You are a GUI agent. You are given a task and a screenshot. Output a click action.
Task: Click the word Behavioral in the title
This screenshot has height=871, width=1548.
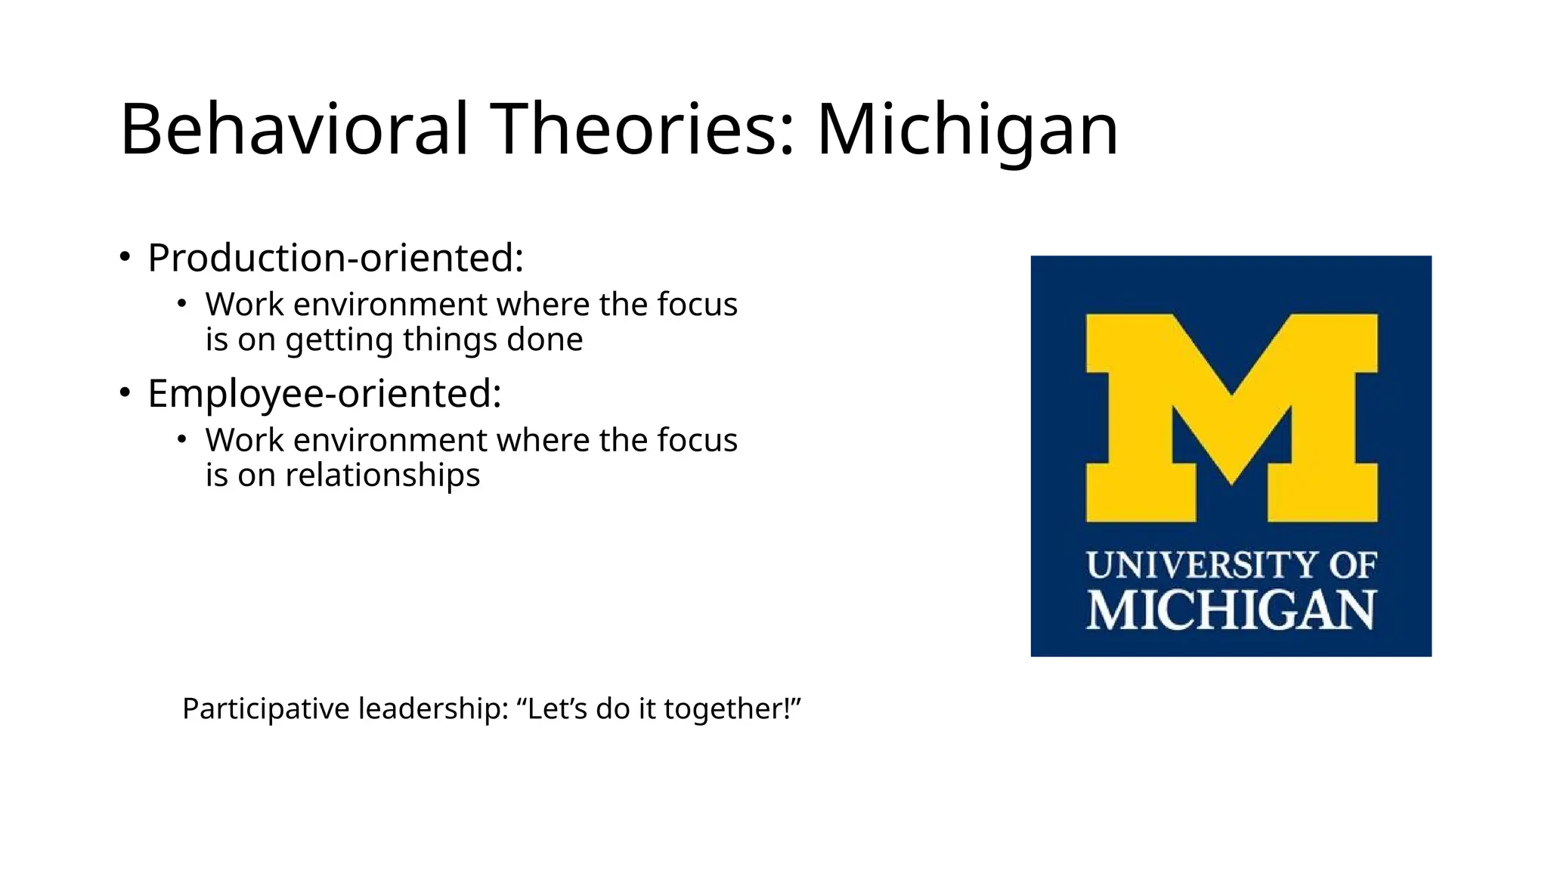click(x=295, y=129)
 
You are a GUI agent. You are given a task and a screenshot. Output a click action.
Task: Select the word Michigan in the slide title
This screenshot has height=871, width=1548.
click(x=967, y=129)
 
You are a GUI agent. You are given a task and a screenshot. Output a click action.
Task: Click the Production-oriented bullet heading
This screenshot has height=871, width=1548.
click(x=336, y=258)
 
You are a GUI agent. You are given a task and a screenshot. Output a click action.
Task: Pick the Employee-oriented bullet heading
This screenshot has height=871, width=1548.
click(x=324, y=393)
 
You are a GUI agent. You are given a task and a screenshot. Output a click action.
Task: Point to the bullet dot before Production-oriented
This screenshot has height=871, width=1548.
click(x=125, y=257)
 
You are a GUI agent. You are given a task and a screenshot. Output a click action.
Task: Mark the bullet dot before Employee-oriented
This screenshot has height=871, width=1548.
click(x=125, y=392)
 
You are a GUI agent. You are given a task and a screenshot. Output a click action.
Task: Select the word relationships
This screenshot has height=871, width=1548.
click(x=382, y=476)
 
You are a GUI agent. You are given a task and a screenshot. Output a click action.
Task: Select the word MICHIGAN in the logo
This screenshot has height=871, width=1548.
click(x=1231, y=610)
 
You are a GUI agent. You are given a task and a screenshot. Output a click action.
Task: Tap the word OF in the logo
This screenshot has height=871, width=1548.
click(x=1352, y=566)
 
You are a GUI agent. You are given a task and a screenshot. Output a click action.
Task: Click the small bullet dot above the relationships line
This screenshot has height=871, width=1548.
click(x=181, y=439)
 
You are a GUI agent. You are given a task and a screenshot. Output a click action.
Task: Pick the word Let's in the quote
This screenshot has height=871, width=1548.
click(x=553, y=708)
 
